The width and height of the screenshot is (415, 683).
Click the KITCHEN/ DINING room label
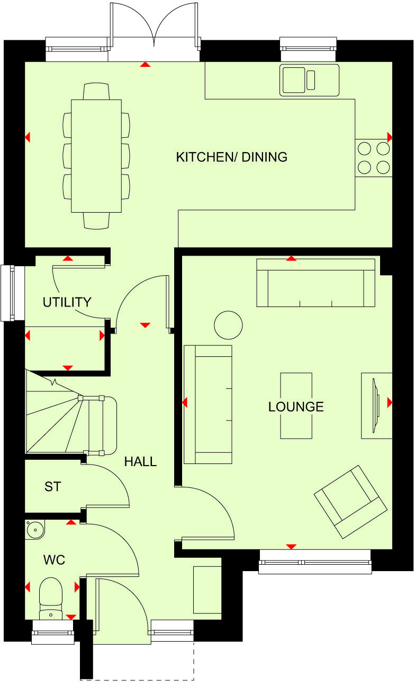pyautogui.click(x=231, y=157)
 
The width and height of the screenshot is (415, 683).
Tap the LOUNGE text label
pyautogui.click(x=295, y=407)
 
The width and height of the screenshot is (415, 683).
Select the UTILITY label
pyautogui.click(x=67, y=302)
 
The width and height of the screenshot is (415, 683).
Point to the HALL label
pyautogui.click(x=140, y=461)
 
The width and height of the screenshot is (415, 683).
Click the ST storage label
pyautogui.click(x=52, y=486)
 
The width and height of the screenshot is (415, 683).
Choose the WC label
pyautogui.click(x=54, y=559)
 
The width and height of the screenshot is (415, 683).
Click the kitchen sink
pyautogui.click(x=309, y=80)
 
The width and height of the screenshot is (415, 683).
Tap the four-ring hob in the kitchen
pyautogui.click(x=374, y=157)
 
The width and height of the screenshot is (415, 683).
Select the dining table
pyautogui.click(x=96, y=156)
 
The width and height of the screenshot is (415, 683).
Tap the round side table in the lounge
pyautogui.click(x=228, y=325)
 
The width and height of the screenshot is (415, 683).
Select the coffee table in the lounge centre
pyautogui.click(x=296, y=406)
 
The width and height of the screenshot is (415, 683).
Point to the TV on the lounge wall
pyautogui.click(x=376, y=405)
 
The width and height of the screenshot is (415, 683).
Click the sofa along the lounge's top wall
pyautogui.click(x=316, y=283)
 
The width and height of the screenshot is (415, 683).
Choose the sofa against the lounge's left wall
pyautogui.click(x=208, y=405)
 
